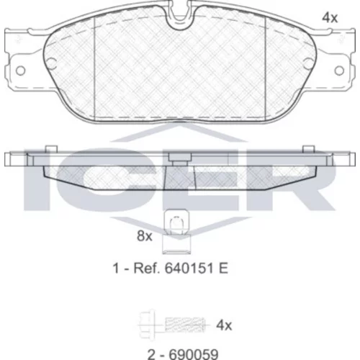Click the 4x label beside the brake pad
point(330,18)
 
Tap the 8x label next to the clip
point(145,235)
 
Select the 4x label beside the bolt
point(224,325)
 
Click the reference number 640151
point(189,268)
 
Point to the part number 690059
point(194,354)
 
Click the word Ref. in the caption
point(146,268)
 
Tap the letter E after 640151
point(223,268)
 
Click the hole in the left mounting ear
point(21,71)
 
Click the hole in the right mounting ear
point(339,71)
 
